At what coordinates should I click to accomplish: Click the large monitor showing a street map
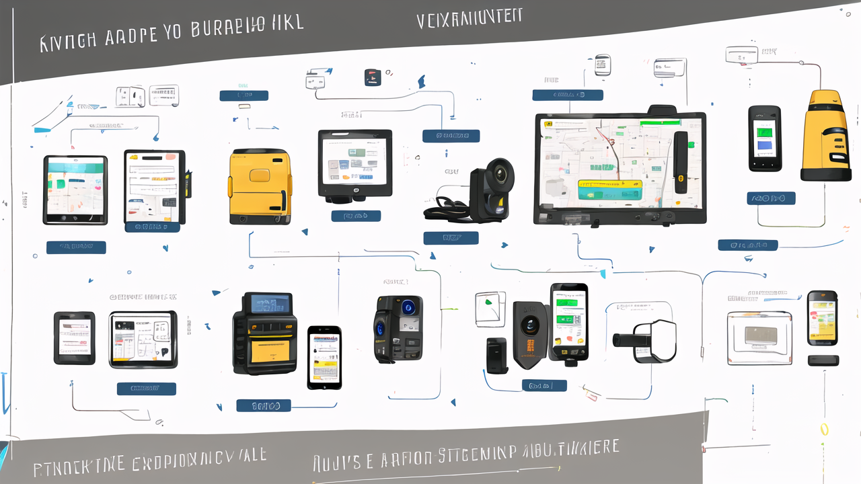(x=619, y=168)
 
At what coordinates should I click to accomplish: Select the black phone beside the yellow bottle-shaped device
(x=765, y=138)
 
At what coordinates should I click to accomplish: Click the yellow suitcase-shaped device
(x=260, y=186)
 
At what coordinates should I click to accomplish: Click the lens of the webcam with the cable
(x=500, y=173)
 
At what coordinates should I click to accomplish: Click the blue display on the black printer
(x=270, y=304)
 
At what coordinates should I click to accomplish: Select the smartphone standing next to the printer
(x=324, y=357)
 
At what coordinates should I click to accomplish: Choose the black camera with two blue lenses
(x=398, y=329)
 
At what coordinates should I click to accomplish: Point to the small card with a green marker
(x=490, y=309)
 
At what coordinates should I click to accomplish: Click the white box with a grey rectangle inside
(x=759, y=337)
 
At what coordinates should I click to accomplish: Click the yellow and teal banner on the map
(x=609, y=188)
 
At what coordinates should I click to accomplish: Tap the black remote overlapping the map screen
(x=681, y=162)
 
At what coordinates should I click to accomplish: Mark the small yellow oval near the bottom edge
(x=824, y=430)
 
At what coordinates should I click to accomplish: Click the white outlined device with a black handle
(x=646, y=339)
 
